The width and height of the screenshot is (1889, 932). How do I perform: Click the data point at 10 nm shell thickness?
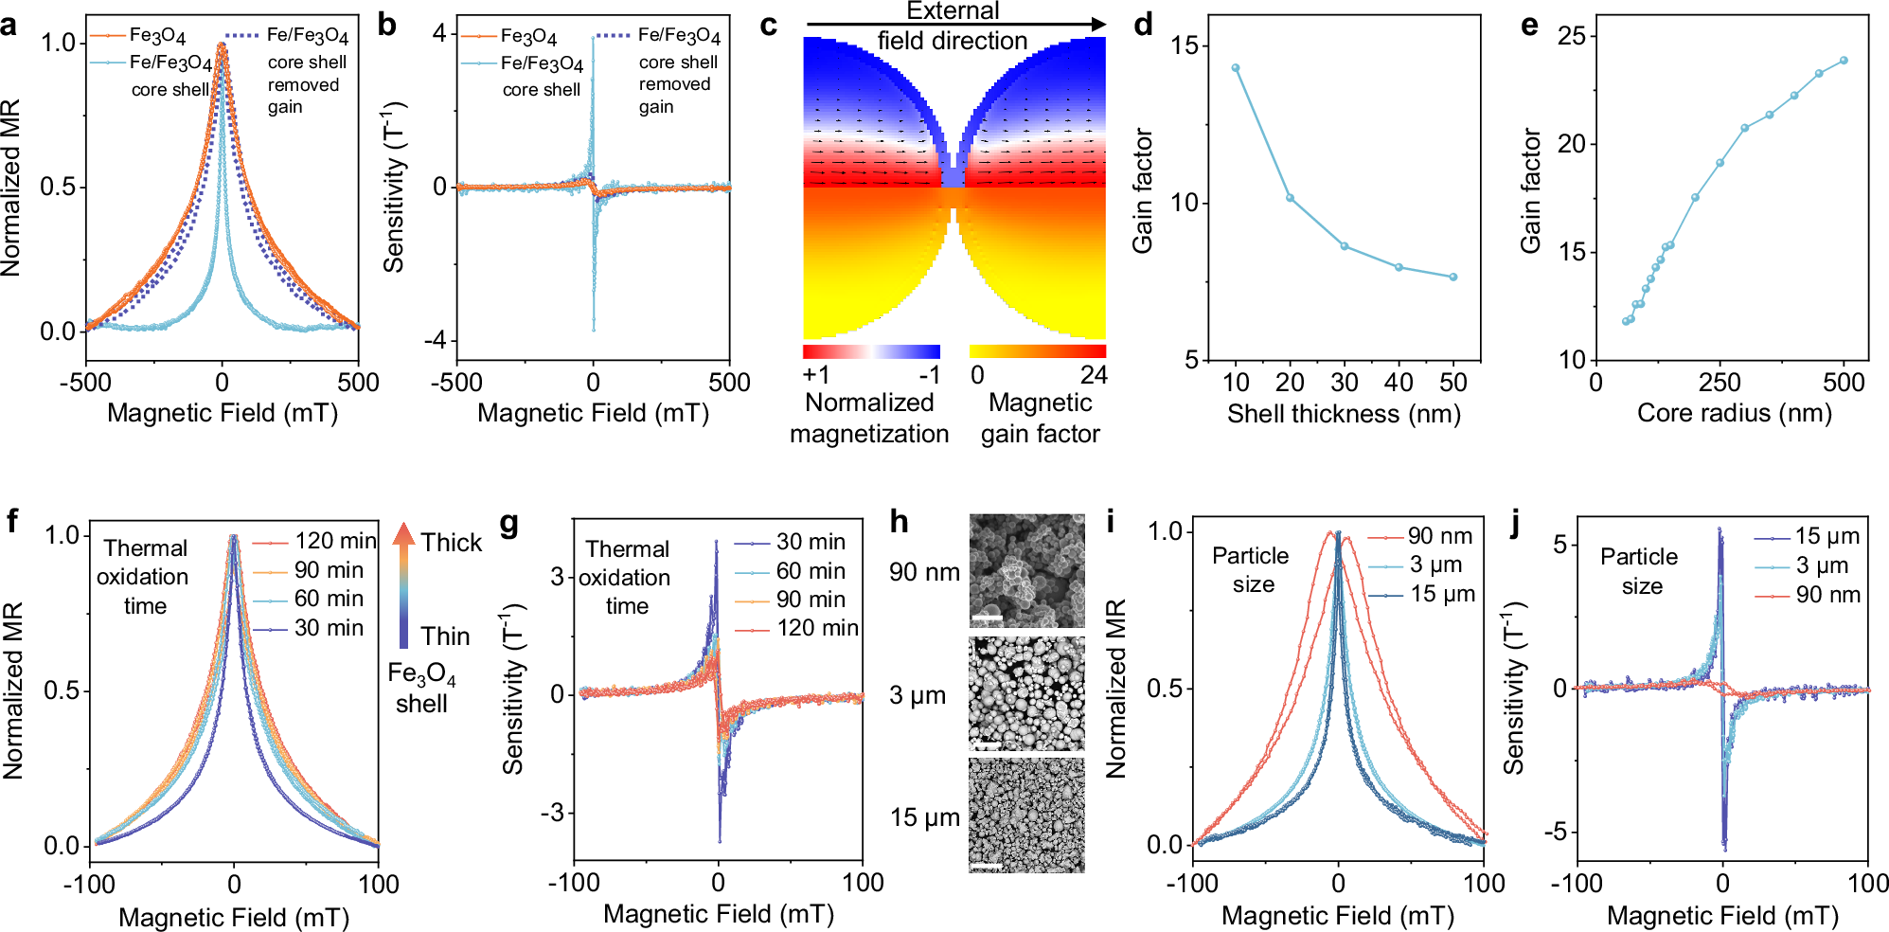coord(1236,68)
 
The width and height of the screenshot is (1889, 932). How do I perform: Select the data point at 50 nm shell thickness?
coord(1453,278)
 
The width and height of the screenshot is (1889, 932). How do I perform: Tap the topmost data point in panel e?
coord(1844,61)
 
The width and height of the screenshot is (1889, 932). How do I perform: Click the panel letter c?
coord(769,26)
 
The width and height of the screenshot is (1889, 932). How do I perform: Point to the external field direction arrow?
coord(954,25)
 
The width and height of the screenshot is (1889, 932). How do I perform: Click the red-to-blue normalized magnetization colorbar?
coord(871,351)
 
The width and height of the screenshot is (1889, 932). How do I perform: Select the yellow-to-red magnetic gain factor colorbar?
coord(1038,351)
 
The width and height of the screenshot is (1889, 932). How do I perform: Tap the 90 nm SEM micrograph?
coord(1027,570)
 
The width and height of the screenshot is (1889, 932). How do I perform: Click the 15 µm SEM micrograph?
coord(1027,815)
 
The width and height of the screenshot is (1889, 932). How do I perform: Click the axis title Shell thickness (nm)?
coord(1344,414)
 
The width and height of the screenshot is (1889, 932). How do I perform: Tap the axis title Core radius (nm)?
coord(1734,413)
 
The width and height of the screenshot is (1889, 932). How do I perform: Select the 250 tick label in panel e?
coord(1719,384)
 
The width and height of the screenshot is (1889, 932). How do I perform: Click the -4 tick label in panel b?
coord(434,340)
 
